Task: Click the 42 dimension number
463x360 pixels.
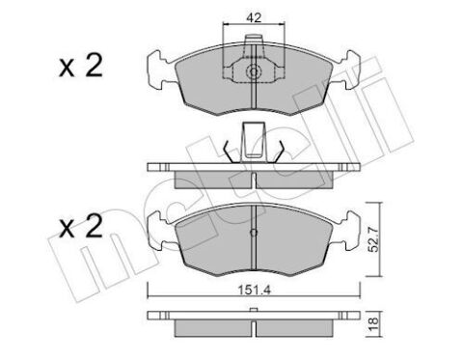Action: (251, 14)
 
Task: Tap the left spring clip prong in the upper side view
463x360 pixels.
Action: (226, 152)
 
